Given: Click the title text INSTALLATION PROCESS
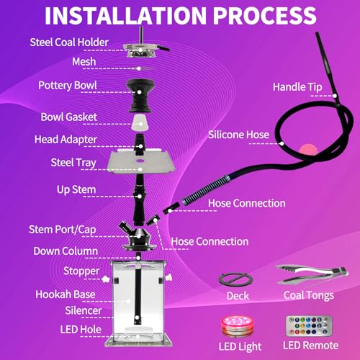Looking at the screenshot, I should click(x=180, y=16).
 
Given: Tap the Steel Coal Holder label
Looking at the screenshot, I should click(x=69, y=42).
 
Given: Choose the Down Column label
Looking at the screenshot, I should click(x=66, y=251).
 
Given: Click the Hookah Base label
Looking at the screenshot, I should click(x=66, y=294).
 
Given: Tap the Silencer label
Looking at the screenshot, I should click(x=76, y=310).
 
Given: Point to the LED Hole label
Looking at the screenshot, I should click(x=74, y=329).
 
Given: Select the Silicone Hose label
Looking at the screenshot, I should click(x=238, y=135).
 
